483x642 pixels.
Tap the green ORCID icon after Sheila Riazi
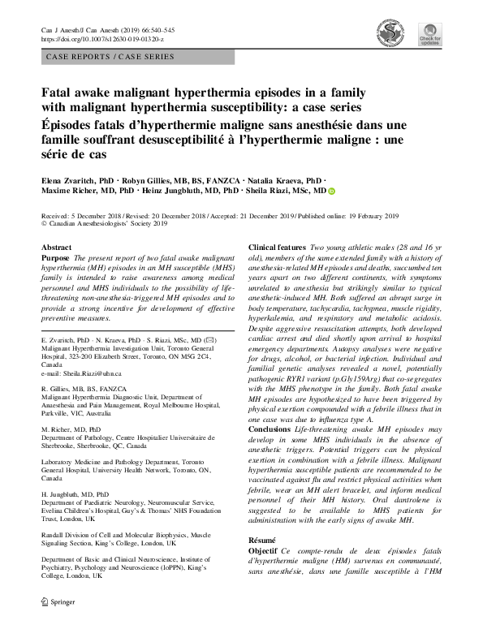pyautogui.click(x=330, y=192)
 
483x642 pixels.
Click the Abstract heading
pyautogui.click(x=55, y=246)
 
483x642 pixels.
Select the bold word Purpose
pyautogui.click(x=55, y=257)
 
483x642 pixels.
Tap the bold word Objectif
pyautogui.click(x=265, y=573)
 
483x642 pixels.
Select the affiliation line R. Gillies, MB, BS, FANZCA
pyautogui.click(x=88, y=390)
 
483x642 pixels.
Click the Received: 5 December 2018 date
pyautogui.click(x=80, y=217)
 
